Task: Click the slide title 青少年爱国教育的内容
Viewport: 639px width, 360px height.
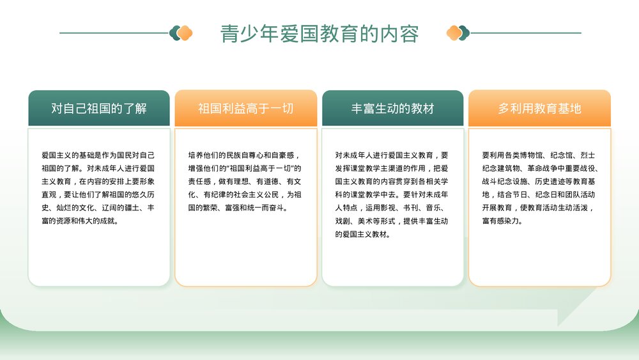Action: click(319, 33)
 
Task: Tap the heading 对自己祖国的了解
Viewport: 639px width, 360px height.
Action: click(99, 109)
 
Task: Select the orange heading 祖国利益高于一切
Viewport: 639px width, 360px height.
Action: click(246, 109)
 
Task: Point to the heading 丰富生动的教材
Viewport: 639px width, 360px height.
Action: click(393, 109)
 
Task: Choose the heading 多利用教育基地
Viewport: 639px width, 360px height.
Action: click(540, 109)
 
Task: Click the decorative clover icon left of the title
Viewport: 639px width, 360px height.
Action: click(181, 33)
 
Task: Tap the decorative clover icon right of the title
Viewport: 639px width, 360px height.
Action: click(458, 33)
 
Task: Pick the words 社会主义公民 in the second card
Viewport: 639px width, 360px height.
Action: click(259, 195)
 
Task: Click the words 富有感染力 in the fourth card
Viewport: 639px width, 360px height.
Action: click(502, 221)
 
